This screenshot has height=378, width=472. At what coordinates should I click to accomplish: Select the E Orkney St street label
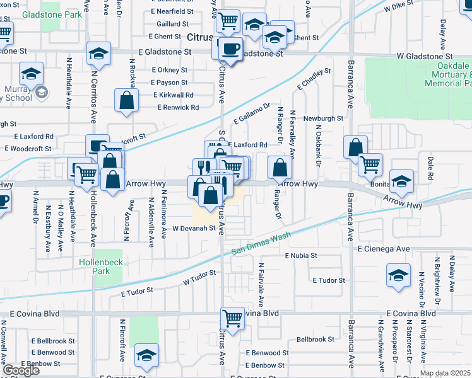(x=169, y=71)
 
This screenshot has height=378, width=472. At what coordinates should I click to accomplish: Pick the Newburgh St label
(x=322, y=118)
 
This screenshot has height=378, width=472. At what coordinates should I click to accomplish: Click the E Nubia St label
(x=300, y=256)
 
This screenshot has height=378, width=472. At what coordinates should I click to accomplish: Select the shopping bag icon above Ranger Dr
(x=280, y=168)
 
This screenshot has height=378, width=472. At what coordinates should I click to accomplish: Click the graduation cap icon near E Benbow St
(x=146, y=355)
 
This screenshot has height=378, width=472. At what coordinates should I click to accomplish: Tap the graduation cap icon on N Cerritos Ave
(x=98, y=54)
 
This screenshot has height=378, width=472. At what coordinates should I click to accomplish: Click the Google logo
(x=20, y=370)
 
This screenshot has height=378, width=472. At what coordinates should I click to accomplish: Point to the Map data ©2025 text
(x=445, y=373)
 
